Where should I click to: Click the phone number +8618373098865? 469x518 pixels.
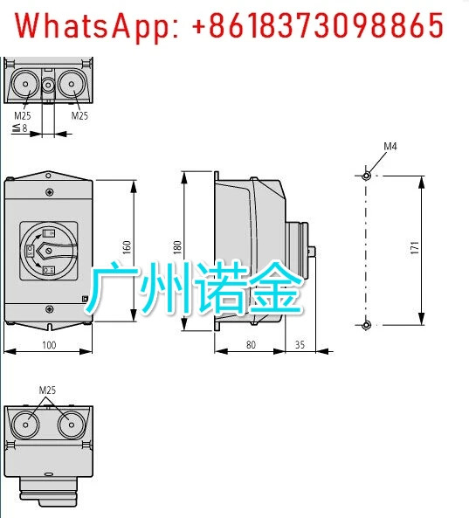(317, 25)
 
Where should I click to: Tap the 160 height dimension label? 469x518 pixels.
(127, 247)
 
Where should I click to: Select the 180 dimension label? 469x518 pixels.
(177, 247)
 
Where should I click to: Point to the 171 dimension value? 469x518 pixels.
(415, 248)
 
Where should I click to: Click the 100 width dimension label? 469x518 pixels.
(49, 345)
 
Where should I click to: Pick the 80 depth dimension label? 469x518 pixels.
(251, 345)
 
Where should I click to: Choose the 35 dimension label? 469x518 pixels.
(300, 345)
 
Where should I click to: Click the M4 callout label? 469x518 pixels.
(390, 147)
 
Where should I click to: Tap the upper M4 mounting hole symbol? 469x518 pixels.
(366, 176)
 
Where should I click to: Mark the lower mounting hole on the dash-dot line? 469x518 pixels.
(366, 325)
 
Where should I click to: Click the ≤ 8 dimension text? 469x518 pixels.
(20, 128)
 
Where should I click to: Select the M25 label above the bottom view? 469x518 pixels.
(47, 390)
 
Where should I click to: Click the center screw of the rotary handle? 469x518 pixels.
(49, 251)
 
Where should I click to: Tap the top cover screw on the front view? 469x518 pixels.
(49, 191)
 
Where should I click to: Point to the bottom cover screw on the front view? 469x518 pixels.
(49, 309)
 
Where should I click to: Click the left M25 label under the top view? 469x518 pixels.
(23, 115)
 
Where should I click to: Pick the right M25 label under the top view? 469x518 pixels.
(79, 115)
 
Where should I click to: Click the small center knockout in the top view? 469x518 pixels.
(49, 85)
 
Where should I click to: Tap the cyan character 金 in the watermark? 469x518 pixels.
(275, 287)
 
